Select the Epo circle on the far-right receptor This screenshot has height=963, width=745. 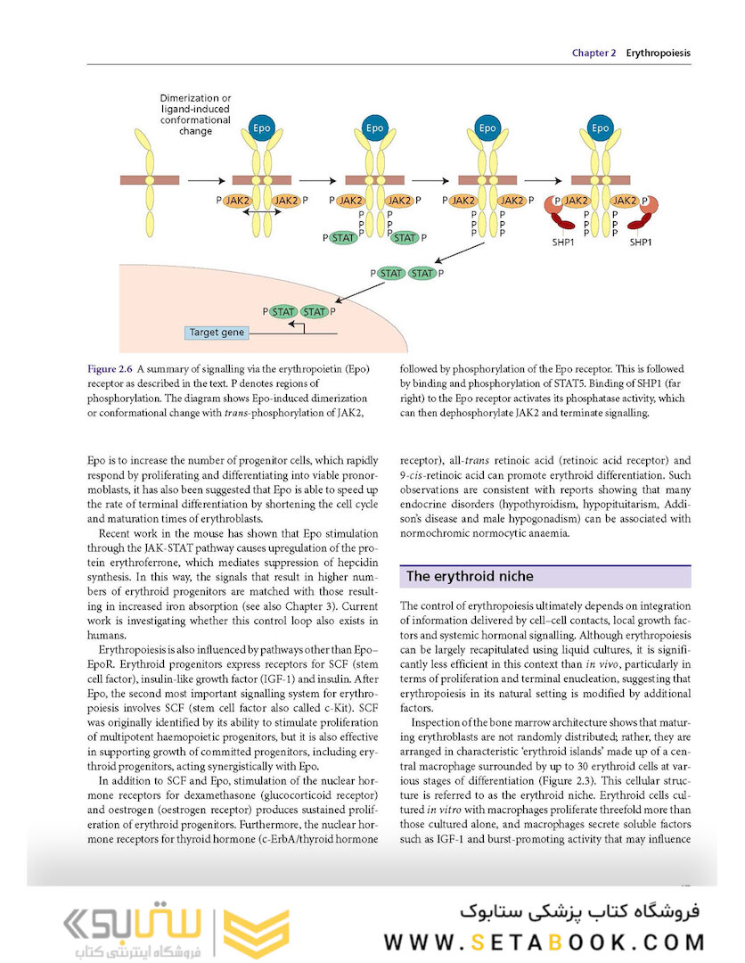[x=601, y=128]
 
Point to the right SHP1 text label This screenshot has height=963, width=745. [x=642, y=242]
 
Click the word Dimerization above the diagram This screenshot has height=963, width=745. [x=187, y=98]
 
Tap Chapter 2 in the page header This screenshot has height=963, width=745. [x=594, y=53]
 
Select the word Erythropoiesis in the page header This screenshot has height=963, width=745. [x=658, y=53]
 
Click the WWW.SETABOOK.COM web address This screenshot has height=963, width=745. [x=544, y=942]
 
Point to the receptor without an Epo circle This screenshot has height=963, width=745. [x=150, y=179]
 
